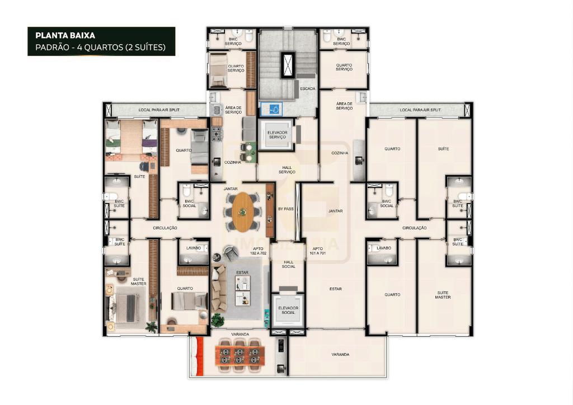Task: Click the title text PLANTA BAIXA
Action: click(65, 35)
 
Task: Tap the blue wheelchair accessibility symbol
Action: click(274, 109)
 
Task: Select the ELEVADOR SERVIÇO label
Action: click(278, 135)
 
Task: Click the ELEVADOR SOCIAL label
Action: click(288, 310)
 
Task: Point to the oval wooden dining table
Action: click(243, 212)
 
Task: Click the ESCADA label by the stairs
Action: click(308, 89)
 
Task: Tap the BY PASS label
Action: click(286, 209)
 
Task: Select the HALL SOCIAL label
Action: click(288, 265)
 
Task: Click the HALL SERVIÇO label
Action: click(287, 170)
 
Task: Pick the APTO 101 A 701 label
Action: click(317, 251)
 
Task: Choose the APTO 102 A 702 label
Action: click(259, 251)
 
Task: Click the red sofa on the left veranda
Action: click(199, 356)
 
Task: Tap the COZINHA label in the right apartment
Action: click(340, 153)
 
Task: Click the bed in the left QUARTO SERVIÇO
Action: click(219, 70)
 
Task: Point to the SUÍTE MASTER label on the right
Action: click(443, 295)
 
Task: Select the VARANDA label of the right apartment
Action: click(340, 355)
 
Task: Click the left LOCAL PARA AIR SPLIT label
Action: click(159, 110)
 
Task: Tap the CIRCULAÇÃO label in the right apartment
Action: click(415, 228)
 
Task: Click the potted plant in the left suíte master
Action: click(152, 327)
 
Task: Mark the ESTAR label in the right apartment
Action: click(336, 289)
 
